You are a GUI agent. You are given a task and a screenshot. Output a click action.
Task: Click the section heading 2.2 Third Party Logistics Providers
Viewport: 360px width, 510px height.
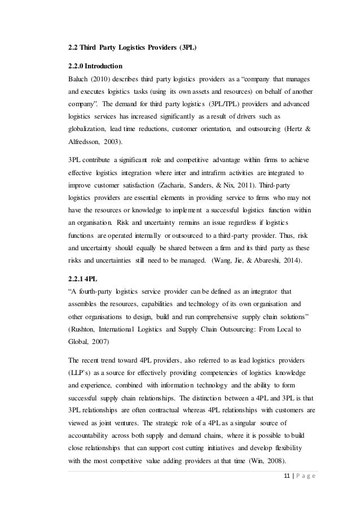tap(131, 48)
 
